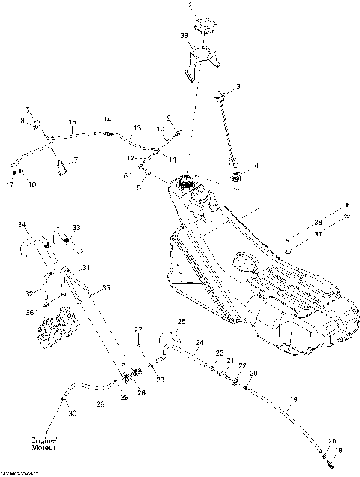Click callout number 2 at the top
point(190,5)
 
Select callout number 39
point(184,36)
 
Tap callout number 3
point(238,87)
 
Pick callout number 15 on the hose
point(73,121)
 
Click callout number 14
point(107,119)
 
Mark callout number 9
point(169,118)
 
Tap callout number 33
point(76,227)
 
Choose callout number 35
point(106,286)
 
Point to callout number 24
point(199,343)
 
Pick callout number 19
point(293,399)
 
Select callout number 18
point(337,450)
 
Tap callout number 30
point(72,414)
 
